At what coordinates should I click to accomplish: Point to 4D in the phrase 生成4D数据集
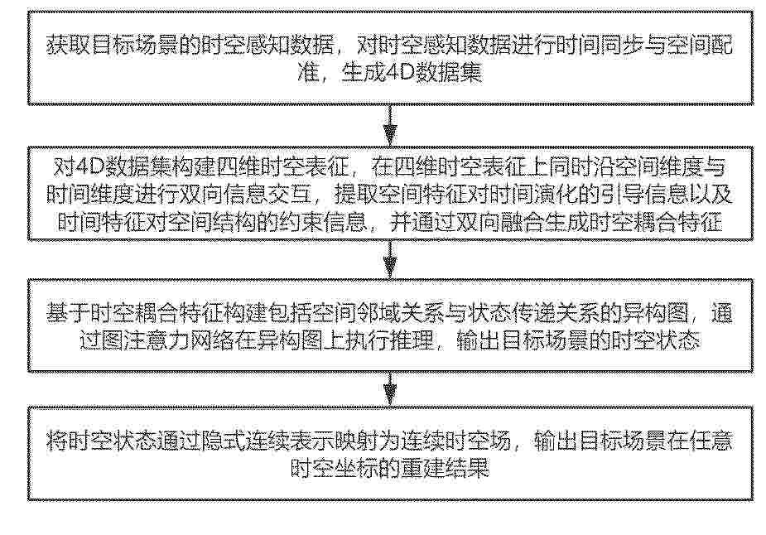click(400, 73)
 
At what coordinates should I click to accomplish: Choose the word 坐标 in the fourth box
click(357, 469)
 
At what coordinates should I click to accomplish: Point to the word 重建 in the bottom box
click(423, 469)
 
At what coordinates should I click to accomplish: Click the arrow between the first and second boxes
click(390, 125)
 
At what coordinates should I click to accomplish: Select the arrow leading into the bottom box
click(390, 389)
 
